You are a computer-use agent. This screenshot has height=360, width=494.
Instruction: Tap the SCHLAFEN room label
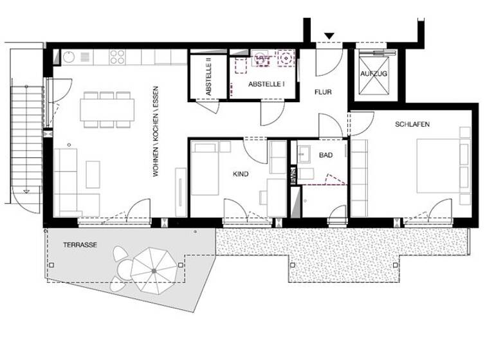pyautogui.click(x=412, y=124)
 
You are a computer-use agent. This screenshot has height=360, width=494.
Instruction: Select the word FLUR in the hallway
pyautogui.click(x=323, y=93)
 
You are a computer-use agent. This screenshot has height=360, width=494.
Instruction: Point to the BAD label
pyautogui.click(x=325, y=156)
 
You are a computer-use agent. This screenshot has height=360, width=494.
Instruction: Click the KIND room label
pyautogui.click(x=241, y=174)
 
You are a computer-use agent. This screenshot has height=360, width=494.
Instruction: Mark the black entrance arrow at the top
pyautogui.click(x=329, y=36)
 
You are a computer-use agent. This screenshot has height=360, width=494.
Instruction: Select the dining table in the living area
pyautogui.click(x=107, y=108)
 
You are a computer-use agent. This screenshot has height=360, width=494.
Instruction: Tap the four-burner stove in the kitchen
pyautogui.click(x=117, y=57)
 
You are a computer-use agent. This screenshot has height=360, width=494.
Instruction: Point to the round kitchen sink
pyautogui.click(x=69, y=57)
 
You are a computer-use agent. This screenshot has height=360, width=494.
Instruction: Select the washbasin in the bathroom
pyautogui.click(x=304, y=154)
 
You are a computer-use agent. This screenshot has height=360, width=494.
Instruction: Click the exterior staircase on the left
pyautogui.click(x=26, y=138)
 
